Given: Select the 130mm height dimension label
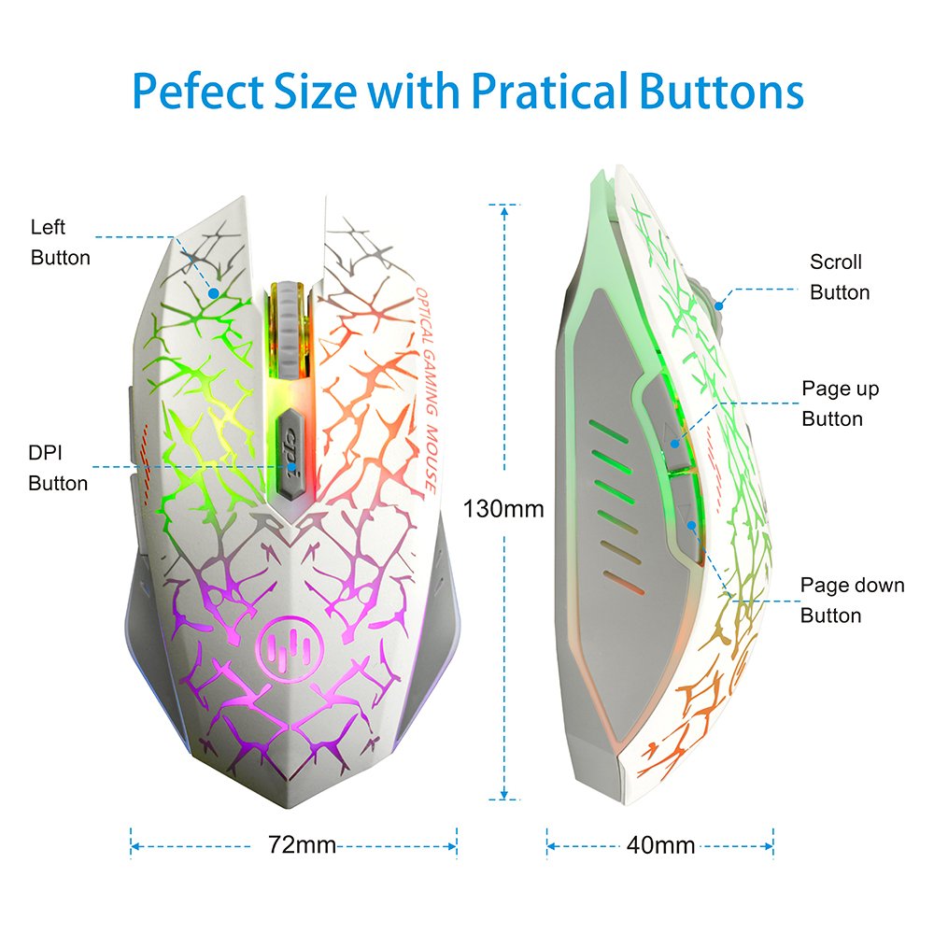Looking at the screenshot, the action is click(x=503, y=509).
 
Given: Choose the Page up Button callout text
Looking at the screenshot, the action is click(x=840, y=403).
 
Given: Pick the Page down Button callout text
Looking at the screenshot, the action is click(x=852, y=601).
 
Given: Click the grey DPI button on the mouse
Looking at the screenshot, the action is click(x=290, y=449).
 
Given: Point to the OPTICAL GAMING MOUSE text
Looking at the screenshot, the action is click(x=422, y=388).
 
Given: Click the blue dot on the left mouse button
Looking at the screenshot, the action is click(x=214, y=292).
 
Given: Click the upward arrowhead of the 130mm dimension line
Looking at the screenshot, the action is click(x=504, y=211).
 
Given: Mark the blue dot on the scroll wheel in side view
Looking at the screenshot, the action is click(x=718, y=303).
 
